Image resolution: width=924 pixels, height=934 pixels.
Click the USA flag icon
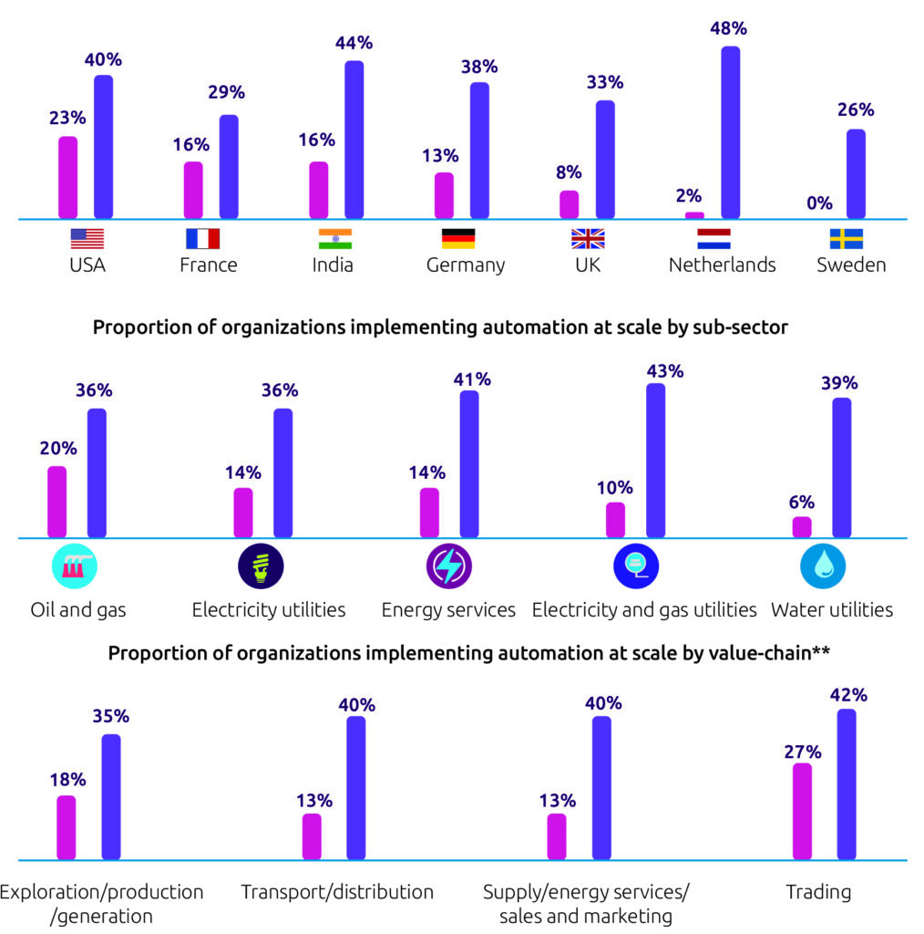click(x=87, y=238)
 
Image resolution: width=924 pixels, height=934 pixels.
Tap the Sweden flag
click(x=846, y=238)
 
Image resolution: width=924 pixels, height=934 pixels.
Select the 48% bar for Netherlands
click(x=731, y=132)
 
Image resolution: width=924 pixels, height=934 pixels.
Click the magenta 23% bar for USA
click(x=67, y=178)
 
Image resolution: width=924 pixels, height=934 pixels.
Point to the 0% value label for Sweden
click(x=819, y=203)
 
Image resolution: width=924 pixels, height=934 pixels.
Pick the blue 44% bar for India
click(x=354, y=140)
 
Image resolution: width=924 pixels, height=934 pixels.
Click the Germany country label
click(x=466, y=265)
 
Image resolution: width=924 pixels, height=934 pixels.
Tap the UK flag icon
click(x=588, y=238)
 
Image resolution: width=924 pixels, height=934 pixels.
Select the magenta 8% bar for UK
click(x=570, y=204)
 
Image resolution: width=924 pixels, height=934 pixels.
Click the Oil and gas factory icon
click(x=75, y=566)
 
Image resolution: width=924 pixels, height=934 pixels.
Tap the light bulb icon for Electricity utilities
click(x=261, y=566)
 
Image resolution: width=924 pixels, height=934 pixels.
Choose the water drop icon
click(x=823, y=566)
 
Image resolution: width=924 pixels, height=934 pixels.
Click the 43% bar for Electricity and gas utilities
click(x=656, y=461)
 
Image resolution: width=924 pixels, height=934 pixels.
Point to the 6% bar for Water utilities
click(x=802, y=527)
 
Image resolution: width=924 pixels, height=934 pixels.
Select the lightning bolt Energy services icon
click(x=449, y=566)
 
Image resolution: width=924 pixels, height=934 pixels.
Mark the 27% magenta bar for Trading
click(x=802, y=811)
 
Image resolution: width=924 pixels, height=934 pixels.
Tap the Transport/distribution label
click(x=337, y=892)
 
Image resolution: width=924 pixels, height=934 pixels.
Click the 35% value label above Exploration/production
click(x=110, y=715)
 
